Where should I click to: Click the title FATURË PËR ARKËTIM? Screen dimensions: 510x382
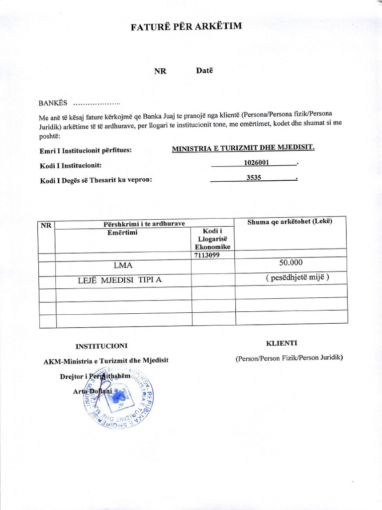[187, 26]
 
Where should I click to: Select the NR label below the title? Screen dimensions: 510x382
[160, 71]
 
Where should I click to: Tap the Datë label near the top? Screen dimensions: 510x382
[204, 71]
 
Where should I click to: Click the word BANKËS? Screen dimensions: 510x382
[53, 103]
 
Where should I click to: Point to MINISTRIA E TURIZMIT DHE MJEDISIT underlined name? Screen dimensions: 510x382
[243, 148]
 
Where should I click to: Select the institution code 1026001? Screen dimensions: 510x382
[254, 162]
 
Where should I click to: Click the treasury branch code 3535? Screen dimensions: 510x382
[254, 177]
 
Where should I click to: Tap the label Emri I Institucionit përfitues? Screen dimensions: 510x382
[86, 150]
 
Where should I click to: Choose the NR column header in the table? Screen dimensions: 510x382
[46, 225]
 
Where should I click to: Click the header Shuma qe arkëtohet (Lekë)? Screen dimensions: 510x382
[289, 222]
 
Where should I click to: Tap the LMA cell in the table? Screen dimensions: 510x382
[123, 265]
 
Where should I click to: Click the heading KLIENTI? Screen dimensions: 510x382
[282, 343]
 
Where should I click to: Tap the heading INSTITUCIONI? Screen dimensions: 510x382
[101, 345]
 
